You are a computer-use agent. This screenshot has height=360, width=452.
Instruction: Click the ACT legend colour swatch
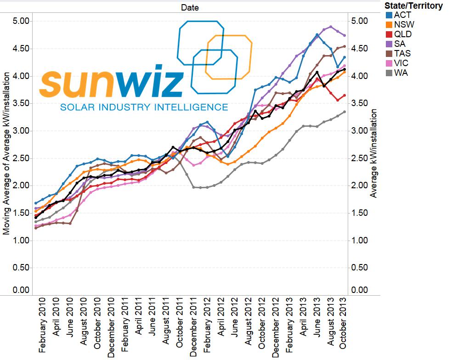coord(389,15)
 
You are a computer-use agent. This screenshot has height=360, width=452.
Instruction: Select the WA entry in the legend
coord(401,73)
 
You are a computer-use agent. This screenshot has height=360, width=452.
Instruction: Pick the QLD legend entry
coord(403,34)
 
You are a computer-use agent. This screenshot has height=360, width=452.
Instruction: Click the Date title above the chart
coord(190,7)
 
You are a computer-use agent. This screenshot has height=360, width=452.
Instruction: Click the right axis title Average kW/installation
coord(373,153)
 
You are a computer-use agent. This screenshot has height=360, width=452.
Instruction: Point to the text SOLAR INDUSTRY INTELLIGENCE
coord(144,107)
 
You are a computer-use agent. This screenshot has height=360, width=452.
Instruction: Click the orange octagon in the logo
coord(229,57)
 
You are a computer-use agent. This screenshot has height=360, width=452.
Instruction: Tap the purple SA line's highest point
coord(331,27)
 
